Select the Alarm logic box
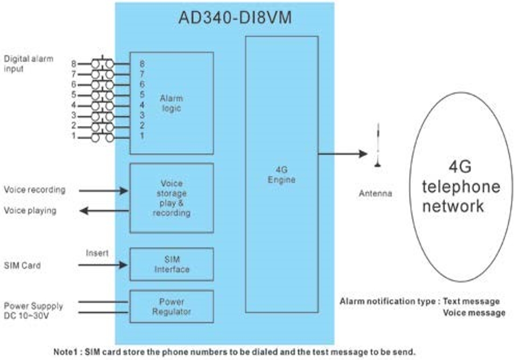coord(172,103)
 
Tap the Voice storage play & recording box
coord(172,198)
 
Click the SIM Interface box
coord(172,264)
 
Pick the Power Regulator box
coord(172,306)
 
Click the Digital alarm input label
coord(28,63)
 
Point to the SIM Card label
coord(22,265)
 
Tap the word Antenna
coord(375,194)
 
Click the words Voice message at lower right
coord(474,313)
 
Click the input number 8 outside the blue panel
coord(74,63)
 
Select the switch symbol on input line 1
coord(102,138)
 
